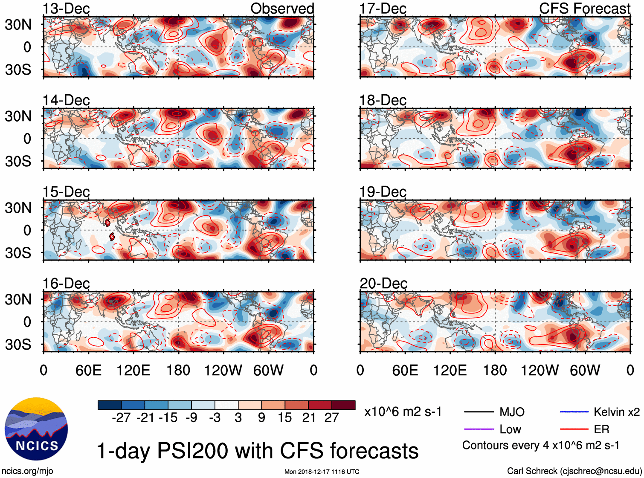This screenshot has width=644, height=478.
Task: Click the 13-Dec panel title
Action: (66, 9)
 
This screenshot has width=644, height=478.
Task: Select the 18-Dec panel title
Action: (383, 100)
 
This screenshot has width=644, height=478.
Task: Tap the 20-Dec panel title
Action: (383, 284)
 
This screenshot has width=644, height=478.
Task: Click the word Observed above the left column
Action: (282, 9)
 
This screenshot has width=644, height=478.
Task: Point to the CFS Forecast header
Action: (584, 9)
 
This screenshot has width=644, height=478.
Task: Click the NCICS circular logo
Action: (36, 429)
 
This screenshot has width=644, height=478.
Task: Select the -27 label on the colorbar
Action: (121, 418)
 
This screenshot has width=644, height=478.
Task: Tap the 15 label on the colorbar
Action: (284, 418)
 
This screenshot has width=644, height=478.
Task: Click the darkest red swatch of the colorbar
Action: (343, 405)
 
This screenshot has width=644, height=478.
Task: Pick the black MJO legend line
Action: (479, 412)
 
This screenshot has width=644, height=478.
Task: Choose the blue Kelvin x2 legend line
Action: (574, 412)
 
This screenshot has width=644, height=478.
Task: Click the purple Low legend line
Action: (479, 429)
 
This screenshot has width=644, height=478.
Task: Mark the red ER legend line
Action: (574, 429)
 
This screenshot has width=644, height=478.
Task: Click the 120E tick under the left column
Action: (133, 370)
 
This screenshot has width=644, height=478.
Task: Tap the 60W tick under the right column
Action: (585, 370)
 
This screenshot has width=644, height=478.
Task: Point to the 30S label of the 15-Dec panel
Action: (18, 253)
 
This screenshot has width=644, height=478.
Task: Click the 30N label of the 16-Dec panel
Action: (18, 299)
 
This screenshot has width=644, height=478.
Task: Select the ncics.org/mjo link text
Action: (27, 471)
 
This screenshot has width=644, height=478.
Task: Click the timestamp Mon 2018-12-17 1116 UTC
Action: (322, 472)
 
